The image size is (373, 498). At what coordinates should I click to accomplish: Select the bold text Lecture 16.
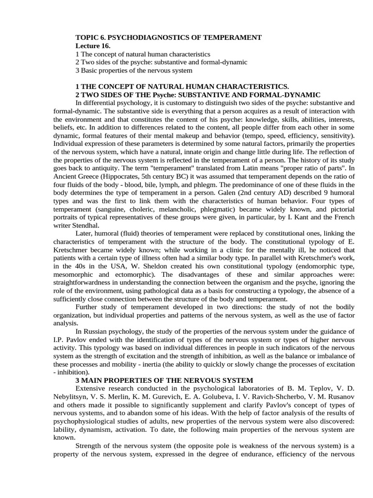(93, 46)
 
